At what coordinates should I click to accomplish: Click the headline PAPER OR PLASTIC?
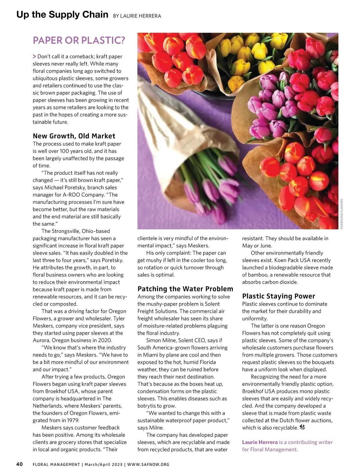point(79,40)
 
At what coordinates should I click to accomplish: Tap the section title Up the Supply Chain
point(62,14)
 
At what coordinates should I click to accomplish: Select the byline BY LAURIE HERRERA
point(137,16)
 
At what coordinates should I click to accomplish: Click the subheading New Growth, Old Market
point(74,136)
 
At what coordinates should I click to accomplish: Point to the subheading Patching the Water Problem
point(185,289)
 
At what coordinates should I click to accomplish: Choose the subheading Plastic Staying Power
point(278,296)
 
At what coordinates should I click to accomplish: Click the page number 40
point(19,464)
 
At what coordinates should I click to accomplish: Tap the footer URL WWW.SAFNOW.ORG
point(148,464)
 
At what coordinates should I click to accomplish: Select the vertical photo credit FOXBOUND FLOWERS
point(342,214)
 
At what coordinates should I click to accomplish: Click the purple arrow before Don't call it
point(34,56)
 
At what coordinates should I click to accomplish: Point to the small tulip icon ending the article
point(302,428)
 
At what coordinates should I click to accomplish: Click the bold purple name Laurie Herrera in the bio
point(259,442)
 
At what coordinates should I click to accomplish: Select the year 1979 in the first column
point(73,420)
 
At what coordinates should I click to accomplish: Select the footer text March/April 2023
point(103,464)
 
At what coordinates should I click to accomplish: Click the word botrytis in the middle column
point(147,406)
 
